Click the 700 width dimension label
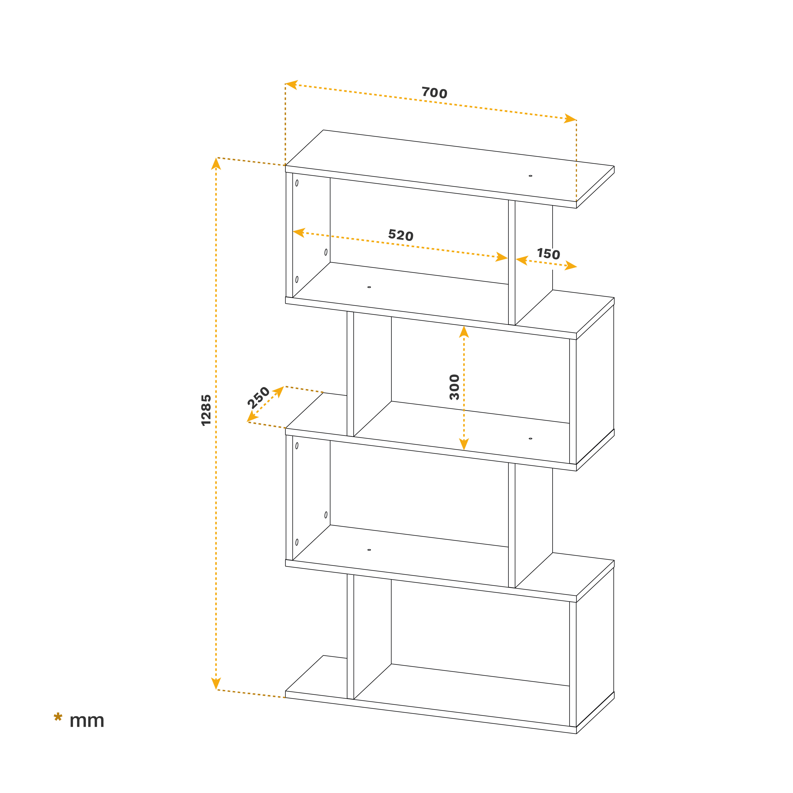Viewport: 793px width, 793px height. point(434,93)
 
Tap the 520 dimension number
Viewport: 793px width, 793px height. point(401,235)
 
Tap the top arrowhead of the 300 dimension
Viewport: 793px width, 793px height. point(464,332)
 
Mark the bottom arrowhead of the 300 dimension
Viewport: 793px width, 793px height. point(464,444)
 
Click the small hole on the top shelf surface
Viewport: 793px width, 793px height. point(530,176)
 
